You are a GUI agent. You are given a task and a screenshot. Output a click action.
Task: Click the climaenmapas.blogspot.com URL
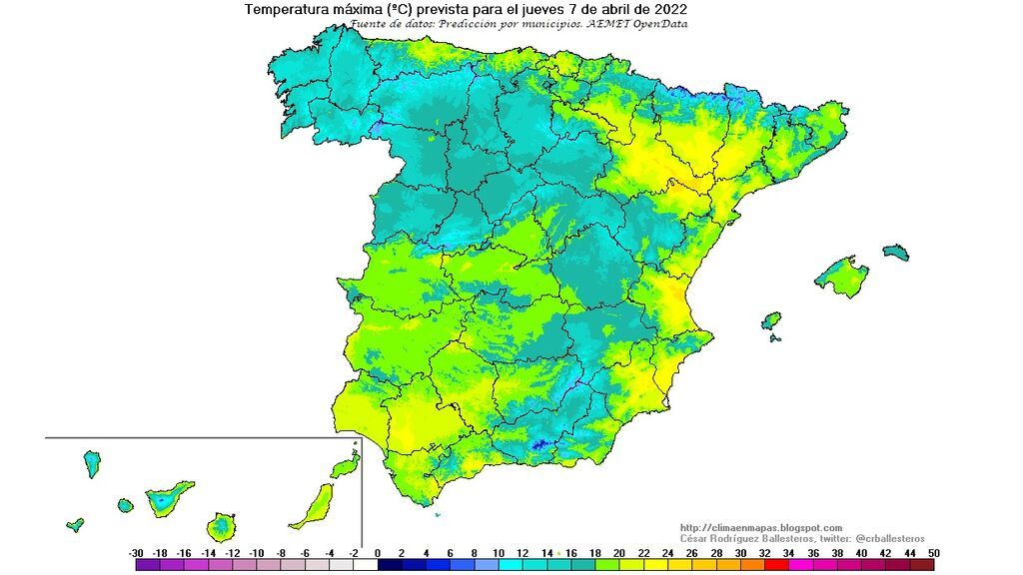pyautogui.click(x=760, y=528)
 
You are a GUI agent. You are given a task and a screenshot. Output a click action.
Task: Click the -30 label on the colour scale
pyautogui.click(x=136, y=552)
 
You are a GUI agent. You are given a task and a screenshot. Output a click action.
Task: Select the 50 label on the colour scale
pyautogui.click(x=933, y=552)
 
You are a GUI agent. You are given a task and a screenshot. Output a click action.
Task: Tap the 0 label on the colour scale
pyautogui.click(x=378, y=552)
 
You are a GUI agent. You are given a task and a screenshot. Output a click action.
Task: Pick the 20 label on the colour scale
pyautogui.click(x=619, y=552)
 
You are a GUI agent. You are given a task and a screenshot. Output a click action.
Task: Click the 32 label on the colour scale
pyautogui.click(x=764, y=552)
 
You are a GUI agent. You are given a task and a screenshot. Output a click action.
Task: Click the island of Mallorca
pyautogui.click(x=839, y=277)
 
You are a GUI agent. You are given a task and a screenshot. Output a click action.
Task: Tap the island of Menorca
pyautogui.click(x=896, y=252)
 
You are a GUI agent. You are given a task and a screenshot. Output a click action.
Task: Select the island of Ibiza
pyautogui.click(x=770, y=322)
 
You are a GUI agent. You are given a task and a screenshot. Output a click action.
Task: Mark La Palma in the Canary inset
pyautogui.click(x=91, y=463)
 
